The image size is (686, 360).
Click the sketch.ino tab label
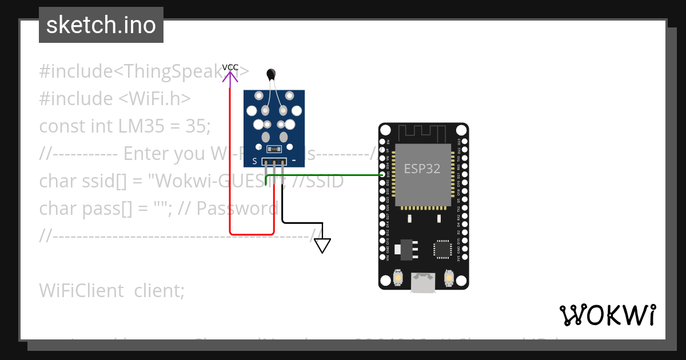click(101, 25)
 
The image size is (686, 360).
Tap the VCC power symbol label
click(230, 67)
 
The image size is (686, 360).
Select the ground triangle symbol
click(323, 246)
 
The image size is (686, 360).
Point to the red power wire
click(230, 171)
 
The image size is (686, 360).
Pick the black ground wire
click(303, 223)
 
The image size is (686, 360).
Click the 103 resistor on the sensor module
click(274, 149)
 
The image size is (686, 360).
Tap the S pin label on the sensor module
click(254, 162)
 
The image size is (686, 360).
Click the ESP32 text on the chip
click(422, 169)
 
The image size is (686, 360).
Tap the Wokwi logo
click(608, 315)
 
